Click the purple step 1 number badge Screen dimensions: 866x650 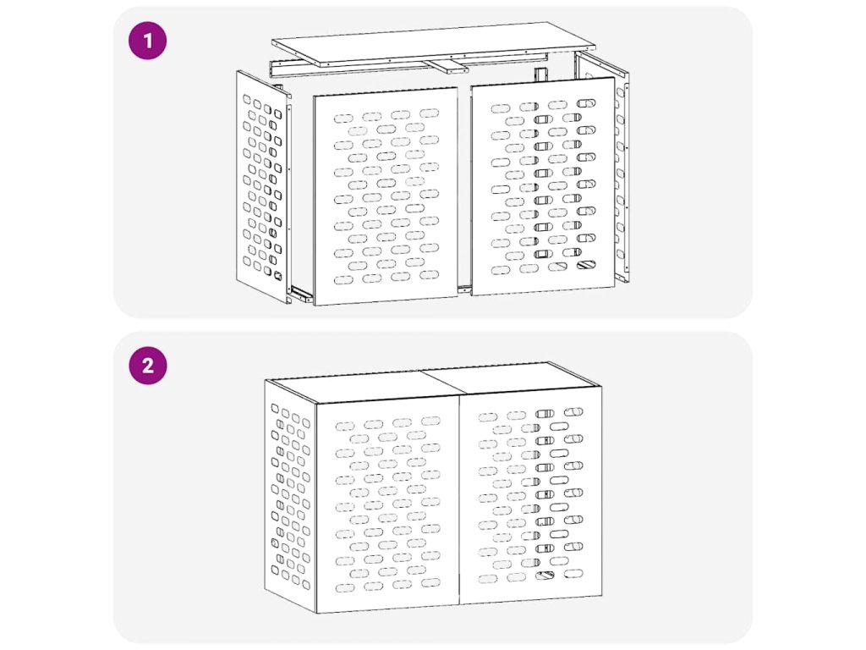147,41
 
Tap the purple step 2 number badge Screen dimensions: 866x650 147,366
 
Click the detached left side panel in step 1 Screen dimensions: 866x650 263,186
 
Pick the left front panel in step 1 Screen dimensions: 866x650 386,196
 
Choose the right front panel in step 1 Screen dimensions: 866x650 542,186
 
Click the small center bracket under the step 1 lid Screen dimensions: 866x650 448,66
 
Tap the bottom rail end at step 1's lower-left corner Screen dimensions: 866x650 300,295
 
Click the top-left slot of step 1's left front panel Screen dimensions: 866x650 343,118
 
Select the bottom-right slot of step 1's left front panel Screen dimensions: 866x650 429,275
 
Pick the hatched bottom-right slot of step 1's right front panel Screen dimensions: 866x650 586,265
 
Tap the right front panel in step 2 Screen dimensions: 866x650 531,495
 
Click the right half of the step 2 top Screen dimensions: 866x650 511,378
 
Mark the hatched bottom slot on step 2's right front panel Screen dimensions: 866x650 545,576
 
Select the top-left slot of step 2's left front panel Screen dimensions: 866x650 345,427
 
